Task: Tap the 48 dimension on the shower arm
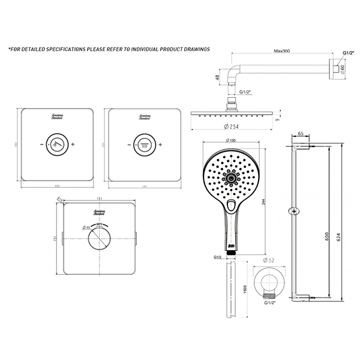218,77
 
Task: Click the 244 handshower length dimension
264,202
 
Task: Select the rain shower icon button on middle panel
143,145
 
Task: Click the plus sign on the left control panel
74,145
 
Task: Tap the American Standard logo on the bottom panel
100,212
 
